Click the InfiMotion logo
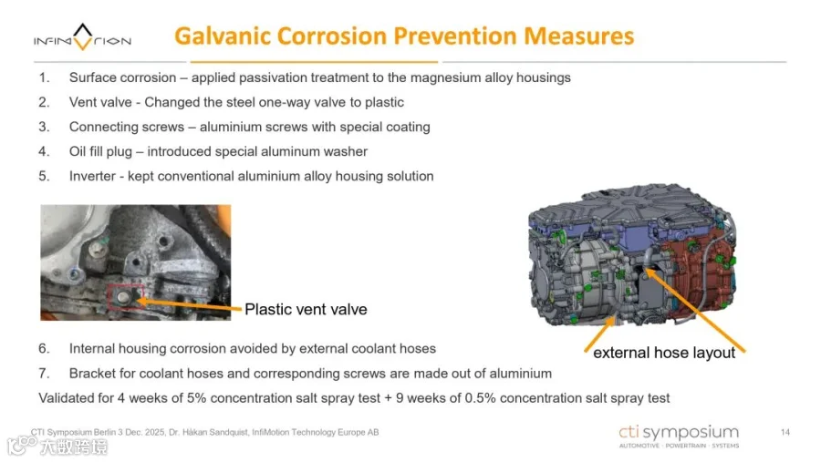point(82,37)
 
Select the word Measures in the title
point(578,36)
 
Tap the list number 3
point(44,127)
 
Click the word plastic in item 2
point(384,102)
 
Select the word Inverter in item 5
point(92,176)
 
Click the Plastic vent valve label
point(306,309)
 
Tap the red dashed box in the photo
point(126,297)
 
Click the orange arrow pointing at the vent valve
point(190,305)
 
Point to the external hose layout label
point(664,353)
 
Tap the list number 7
point(44,373)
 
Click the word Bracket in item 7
point(91,373)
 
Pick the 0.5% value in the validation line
point(480,398)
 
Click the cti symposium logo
point(679,436)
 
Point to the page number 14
point(785,432)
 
